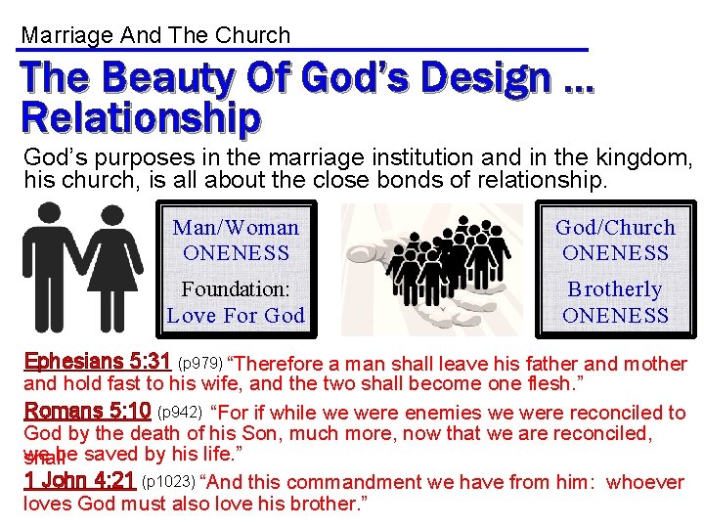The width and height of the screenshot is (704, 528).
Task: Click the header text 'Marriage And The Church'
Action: tap(155, 36)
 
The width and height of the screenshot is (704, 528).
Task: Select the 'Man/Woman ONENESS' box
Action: tap(236, 240)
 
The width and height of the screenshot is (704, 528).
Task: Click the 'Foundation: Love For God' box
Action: tap(236, 302)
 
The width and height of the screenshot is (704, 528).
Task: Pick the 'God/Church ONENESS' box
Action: tap(615, 240)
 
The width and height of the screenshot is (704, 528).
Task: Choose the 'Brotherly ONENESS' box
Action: tap(615, 302)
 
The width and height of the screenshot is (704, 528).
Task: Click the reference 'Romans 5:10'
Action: tap(87, 412)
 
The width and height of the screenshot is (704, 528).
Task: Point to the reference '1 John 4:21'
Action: tap(79, 481)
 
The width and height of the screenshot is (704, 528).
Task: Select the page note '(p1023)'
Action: tap(168, 483)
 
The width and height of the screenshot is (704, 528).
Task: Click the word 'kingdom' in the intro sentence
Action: tap(649, 156)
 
